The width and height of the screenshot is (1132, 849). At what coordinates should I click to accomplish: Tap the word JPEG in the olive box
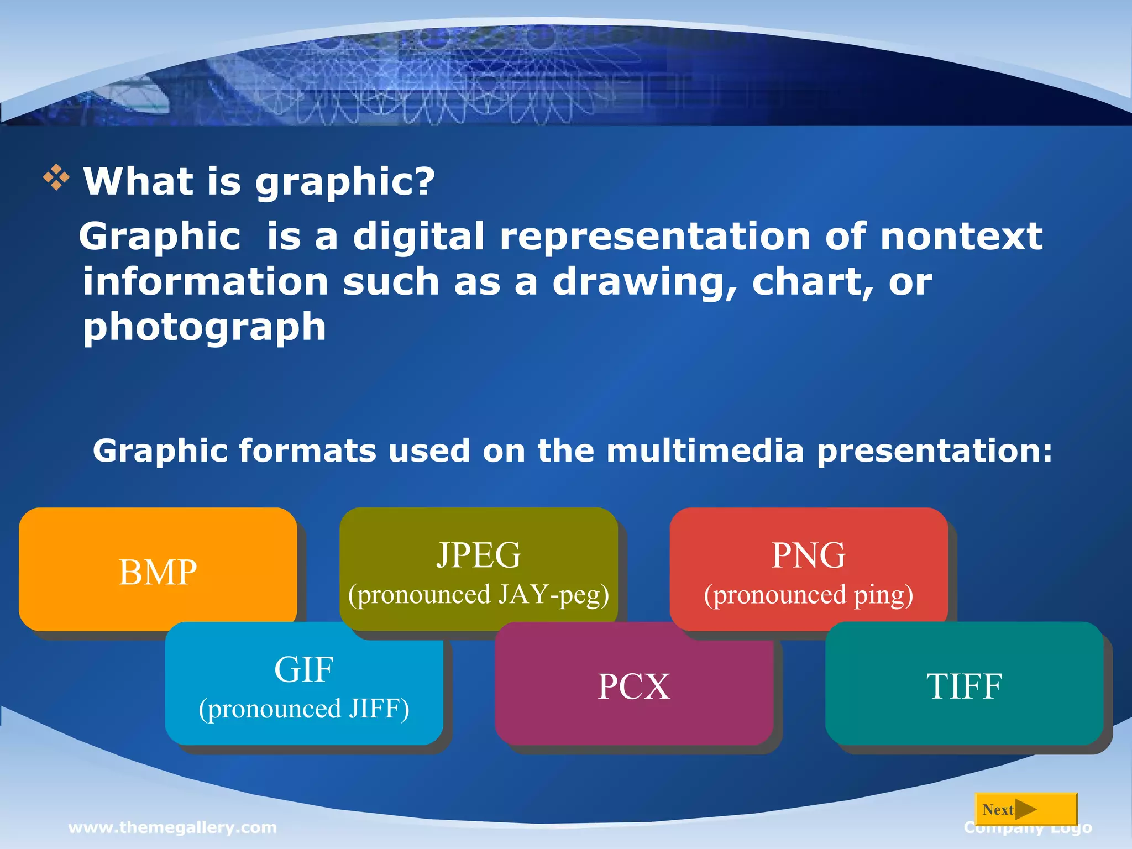(x=479, y=555)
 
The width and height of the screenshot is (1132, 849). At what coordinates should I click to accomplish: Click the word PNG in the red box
(x=808, y=555)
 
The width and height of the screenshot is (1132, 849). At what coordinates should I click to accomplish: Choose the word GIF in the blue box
(x=303, y=669)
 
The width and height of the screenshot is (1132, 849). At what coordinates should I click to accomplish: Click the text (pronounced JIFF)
(x=303, y=709)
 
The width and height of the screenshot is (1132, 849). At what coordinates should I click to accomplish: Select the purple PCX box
(x=633, y=686)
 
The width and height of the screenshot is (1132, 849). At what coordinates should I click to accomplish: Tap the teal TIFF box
(x=964, y=686)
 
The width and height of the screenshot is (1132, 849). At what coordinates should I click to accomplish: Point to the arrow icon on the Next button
(x=1026, y=809)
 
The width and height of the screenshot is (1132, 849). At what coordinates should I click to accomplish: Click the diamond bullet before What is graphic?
(x=56, y=178)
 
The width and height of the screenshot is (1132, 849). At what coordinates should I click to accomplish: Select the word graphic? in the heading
(x=344, y=182)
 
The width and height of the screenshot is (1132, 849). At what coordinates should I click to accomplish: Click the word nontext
(x=961, y=237)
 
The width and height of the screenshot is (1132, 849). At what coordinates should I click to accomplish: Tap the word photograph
(x=205, y=327)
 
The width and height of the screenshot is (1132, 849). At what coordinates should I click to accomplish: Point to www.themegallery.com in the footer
(x=172, y=827)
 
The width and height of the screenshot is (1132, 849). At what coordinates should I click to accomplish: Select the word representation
(x=655, y=237)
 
